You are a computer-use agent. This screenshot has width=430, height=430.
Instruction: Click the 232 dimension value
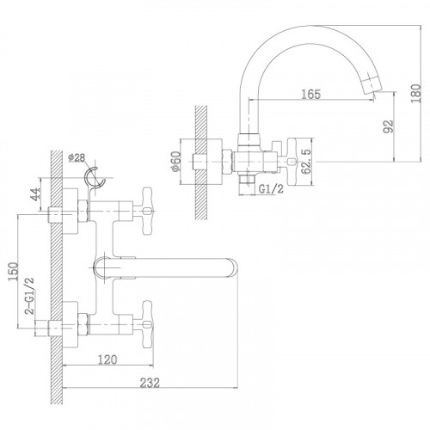click(150, 383)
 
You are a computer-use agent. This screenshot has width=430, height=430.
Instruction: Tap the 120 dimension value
click(107, 359)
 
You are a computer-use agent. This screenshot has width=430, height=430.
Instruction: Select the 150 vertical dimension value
click(14, 272)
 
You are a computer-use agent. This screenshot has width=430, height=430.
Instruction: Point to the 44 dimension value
click(35, 194)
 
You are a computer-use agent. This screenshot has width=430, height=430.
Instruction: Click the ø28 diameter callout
click(77, 157)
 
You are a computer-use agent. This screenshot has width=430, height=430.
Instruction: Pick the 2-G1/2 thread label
click(29, 296)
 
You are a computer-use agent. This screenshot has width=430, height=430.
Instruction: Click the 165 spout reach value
click(310, 94)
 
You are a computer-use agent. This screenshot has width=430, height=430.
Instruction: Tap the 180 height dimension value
click(415, 94)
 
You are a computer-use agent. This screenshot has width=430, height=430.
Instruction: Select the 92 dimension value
click(388, 126)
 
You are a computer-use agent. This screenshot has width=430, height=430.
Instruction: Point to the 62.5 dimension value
click(306, 162)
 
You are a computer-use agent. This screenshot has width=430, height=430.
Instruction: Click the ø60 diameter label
click(175, 162)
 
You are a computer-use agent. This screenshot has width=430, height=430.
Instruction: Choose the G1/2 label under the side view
click(271, 188)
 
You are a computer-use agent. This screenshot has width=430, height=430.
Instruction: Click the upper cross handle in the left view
click(147, 212)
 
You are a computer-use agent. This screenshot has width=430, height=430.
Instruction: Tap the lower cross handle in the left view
click(147, 324)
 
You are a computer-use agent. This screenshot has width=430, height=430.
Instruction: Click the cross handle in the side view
click(292, 162)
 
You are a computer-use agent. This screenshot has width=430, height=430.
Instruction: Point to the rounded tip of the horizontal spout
click(234, 268)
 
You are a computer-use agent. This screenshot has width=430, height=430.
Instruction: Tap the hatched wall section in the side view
click(201, 163)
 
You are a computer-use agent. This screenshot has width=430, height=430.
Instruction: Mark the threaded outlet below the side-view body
click(247, 180)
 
